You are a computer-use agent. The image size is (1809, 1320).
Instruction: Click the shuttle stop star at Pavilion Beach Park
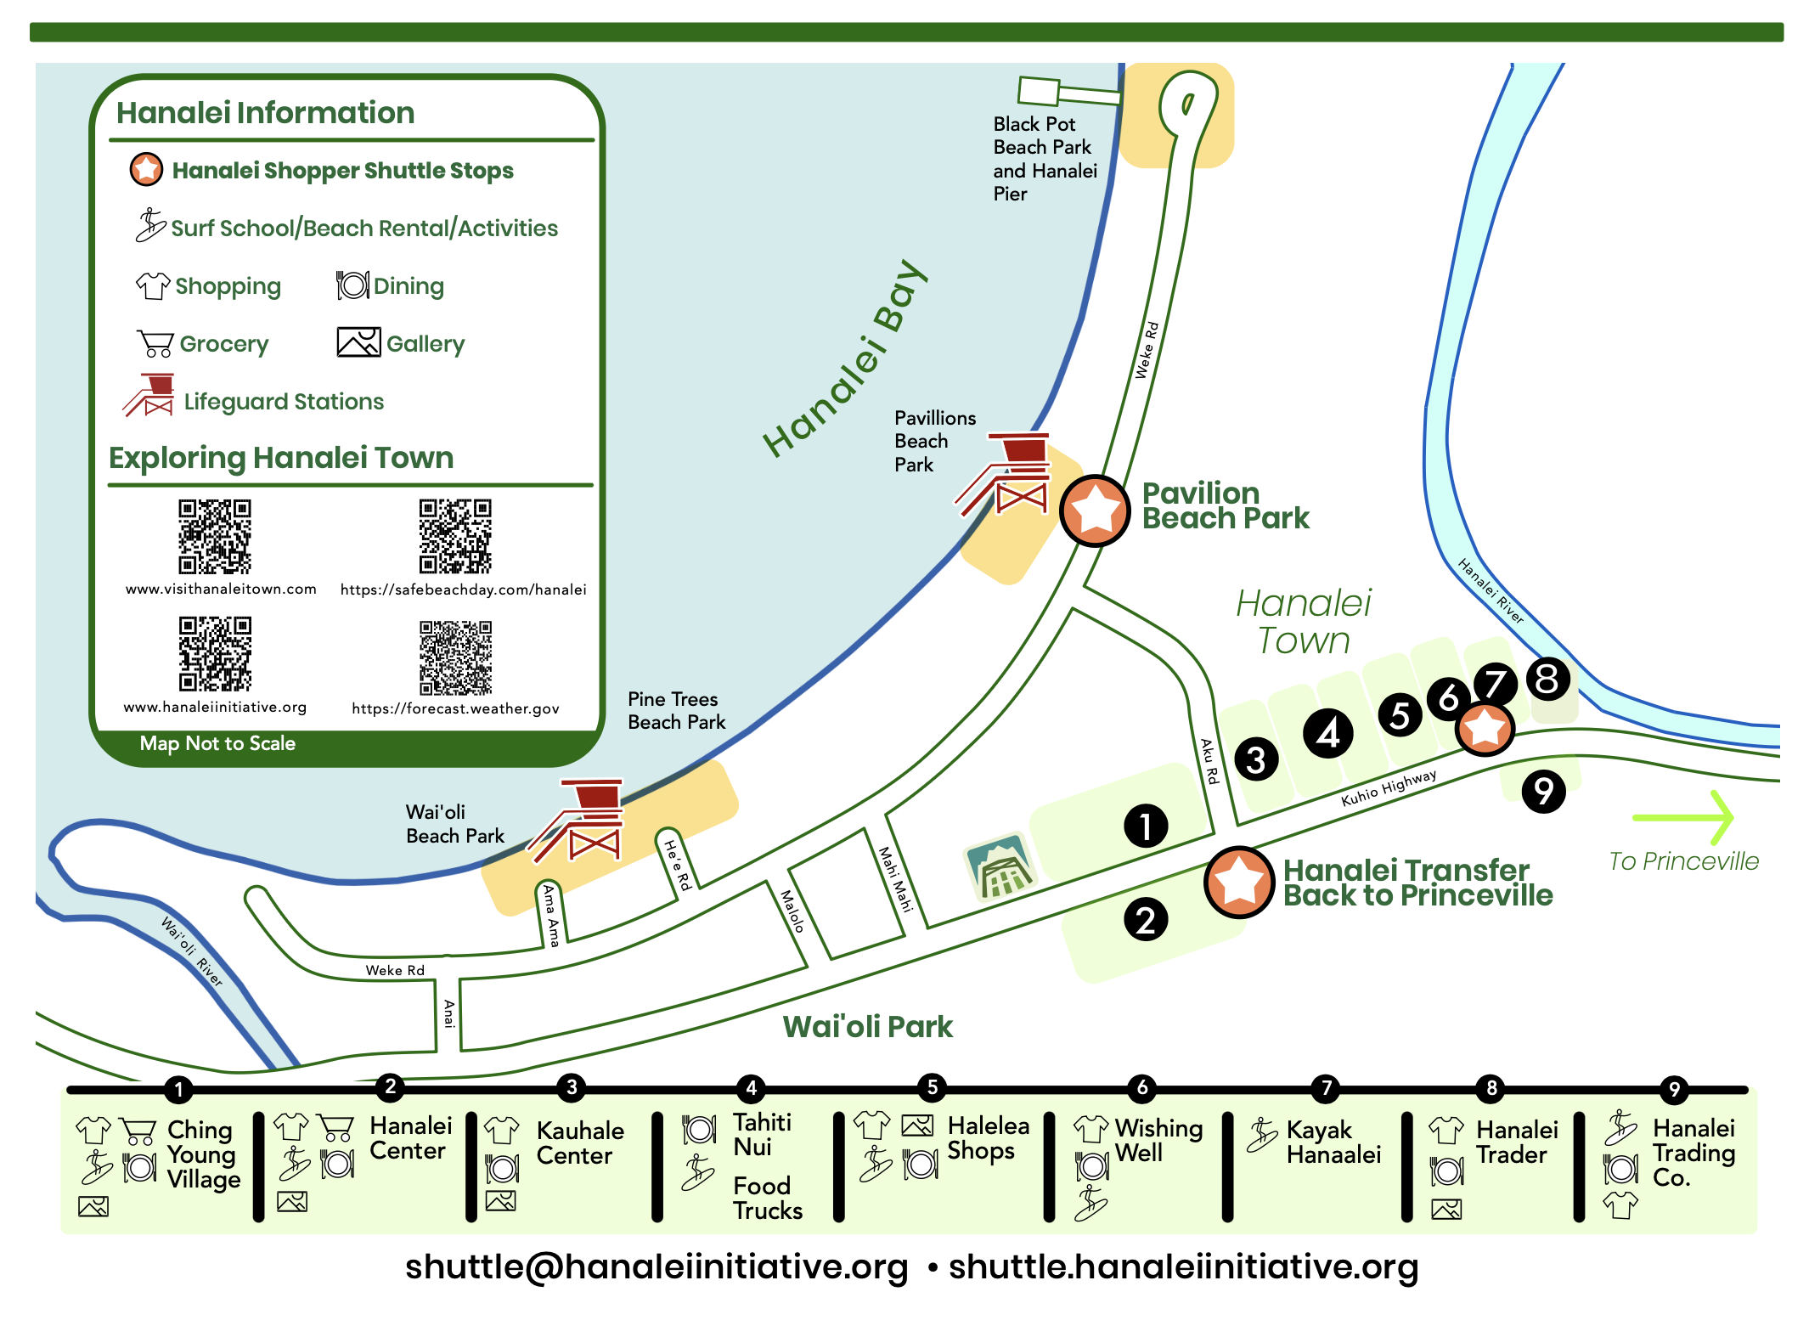click(1095, 511)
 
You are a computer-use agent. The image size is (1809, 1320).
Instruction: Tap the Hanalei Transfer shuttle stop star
click(1238, 882)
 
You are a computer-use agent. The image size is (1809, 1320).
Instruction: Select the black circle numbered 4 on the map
click(1327, 733)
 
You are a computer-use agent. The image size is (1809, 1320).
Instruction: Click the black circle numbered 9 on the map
click(1544, 791)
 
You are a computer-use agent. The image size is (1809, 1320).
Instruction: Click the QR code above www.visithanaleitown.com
click(215, 536)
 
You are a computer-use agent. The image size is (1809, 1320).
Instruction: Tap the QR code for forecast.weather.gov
click(455, 657)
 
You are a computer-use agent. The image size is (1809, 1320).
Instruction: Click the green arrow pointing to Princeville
click(1682, 817)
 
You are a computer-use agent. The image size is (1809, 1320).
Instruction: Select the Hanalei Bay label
click(845, 358)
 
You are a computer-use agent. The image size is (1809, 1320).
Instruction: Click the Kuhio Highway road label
click(1389, 787)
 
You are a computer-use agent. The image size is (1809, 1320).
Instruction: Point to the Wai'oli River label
click(192, 951)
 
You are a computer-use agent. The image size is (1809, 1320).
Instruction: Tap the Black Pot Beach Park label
click(1045, 159)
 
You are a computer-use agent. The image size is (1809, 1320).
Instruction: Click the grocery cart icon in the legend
click(155, 343)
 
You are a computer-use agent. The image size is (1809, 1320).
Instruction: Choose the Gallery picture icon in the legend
click(358, 342)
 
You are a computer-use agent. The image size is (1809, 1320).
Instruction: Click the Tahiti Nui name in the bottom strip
click(763, 1134)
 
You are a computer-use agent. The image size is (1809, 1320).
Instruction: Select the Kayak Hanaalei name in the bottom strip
click(1333, 1142)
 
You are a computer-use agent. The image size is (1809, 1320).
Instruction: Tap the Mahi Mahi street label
click(895, 879)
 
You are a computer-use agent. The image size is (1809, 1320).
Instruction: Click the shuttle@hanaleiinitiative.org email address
click(657, 1266)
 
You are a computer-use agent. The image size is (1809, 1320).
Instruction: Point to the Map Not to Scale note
click(217, 743)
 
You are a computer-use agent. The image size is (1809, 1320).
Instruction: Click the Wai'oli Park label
click(867, 1026)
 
